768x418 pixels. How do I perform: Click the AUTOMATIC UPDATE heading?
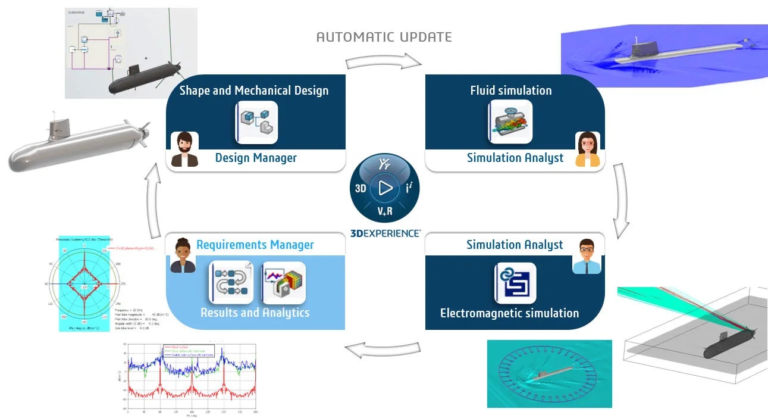[x=384, y=37]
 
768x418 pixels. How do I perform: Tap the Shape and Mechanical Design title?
[x=254, y=91]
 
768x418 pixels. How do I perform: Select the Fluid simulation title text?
[x=511, y=91]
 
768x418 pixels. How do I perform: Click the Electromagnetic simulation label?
[x=509, y=313]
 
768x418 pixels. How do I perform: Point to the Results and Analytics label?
[x=255, y=313]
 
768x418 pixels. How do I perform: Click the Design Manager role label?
[x=256, y=158]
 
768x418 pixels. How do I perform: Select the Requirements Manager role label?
[x=255, y=245]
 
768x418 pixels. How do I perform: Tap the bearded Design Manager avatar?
[x=184, y=149]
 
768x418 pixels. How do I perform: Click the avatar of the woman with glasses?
[x=587, y=149]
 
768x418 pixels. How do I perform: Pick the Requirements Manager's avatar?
[x=183, y=256]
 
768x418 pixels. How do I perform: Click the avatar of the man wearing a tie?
[x=586, y=256]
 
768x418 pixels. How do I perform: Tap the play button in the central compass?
[x=385, y=189]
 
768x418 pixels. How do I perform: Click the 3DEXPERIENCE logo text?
[x=385, y=233]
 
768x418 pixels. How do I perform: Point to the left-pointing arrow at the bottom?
[x=383, y=350]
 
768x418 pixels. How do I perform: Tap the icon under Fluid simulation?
[x=510, y=122]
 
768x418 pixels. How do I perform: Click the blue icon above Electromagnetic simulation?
[x=515, y=283]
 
